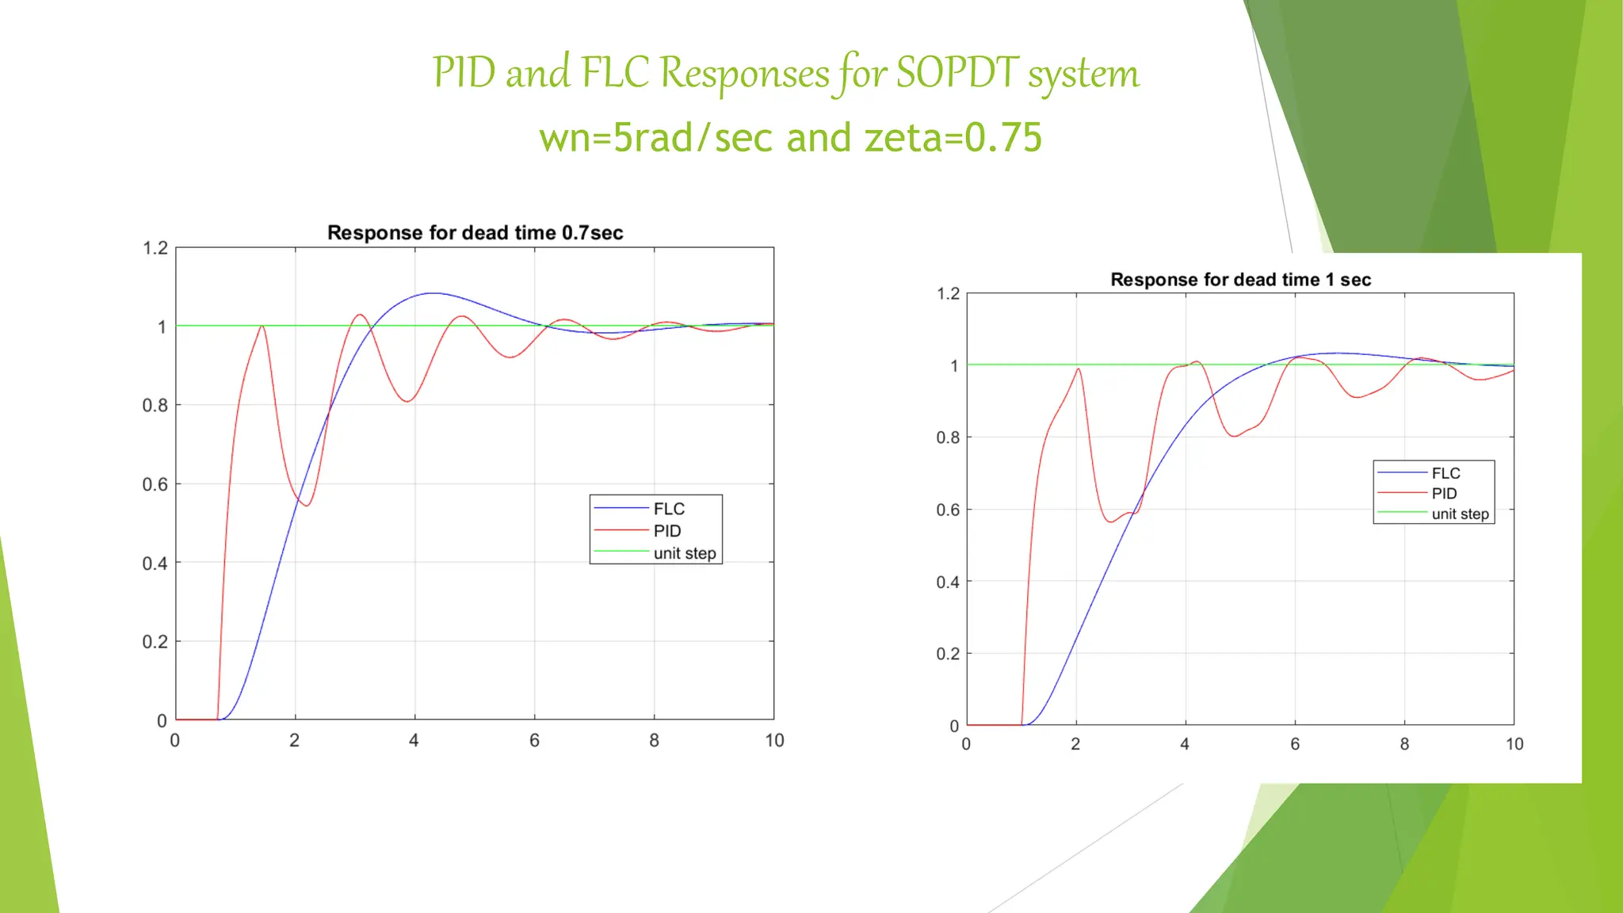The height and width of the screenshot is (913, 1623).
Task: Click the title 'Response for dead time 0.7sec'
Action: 475,233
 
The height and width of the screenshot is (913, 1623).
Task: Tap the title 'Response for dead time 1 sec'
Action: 1240,280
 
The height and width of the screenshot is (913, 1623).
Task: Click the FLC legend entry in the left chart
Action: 668,509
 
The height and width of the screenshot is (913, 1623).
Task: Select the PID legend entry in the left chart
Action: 666,531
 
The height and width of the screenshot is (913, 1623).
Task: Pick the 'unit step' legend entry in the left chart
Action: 684,553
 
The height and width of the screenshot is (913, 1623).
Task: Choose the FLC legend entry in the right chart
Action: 1445,473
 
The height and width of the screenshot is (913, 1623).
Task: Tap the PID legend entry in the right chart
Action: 1444,493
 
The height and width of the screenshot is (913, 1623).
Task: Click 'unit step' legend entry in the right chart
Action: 1460,514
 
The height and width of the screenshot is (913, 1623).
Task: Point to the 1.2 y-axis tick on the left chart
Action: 155,248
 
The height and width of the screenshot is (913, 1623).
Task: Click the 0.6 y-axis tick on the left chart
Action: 155,484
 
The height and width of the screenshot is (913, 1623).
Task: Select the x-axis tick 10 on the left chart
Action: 774,740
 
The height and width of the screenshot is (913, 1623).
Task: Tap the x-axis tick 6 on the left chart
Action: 534,740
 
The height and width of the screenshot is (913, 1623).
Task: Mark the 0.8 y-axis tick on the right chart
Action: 948,437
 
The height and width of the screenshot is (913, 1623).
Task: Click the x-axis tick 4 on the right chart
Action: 1185,744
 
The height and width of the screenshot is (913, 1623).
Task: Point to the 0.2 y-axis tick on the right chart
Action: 948,654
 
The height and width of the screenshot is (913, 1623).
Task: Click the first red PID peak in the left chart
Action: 262,326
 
